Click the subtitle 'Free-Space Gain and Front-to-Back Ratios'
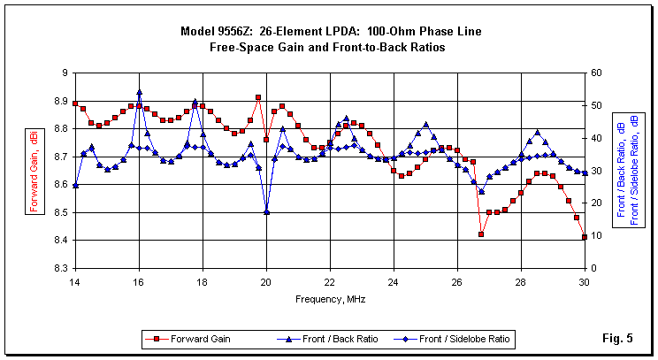coord(327,47)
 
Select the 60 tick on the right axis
coord(598,73)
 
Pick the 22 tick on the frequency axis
coord(329,281)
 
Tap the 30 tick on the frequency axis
coord(584,281)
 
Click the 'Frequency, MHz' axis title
coord(329,299)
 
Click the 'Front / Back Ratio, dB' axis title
coord(621,170)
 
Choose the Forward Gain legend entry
coord(190,338)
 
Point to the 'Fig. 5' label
coord(619,338)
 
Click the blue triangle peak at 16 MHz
coord(139,92)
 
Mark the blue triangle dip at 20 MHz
coord(266,211)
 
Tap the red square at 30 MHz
coord(584,237)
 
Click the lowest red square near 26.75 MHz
coord(481,234)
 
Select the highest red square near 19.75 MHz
coord(258,97)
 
